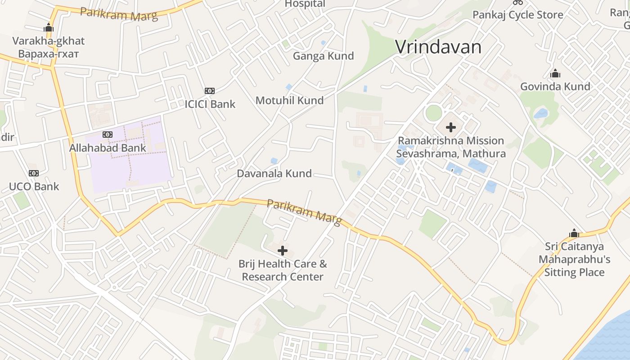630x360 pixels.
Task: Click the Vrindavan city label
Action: (x=438, y=47)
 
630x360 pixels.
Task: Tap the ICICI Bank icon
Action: (x=210, y=91)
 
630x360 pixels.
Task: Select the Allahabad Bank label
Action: (x=108, y=148)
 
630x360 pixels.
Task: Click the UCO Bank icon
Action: (x=34, y=173)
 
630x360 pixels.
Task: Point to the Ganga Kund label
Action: (x=323, y=56)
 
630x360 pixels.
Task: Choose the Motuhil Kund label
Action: (x=289, y=100)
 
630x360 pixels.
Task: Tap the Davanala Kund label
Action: (x=274, y=173)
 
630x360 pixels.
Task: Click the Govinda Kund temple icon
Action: (x=555, y=73)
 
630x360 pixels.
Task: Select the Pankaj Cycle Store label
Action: (x=517, y=15)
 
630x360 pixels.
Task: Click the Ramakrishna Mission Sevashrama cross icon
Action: (x=451, y=127)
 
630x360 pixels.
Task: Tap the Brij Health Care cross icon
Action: (x=283, y=251)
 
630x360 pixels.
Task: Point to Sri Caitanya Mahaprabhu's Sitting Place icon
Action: (x=574, y=233)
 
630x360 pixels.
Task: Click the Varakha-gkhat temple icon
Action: (x=49, y=28)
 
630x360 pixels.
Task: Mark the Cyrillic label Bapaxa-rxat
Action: (x=49, y=54)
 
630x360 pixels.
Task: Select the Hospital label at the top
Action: (x=305, y=4)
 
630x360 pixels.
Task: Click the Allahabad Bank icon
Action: (x=108, y=135)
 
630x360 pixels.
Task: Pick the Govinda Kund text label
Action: (x=555, y=86)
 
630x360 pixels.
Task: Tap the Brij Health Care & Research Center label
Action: (x=283, y=270)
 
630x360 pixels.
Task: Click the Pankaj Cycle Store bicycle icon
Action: (x=518, y=2)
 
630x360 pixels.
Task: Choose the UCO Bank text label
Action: (x=34, y=186)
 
